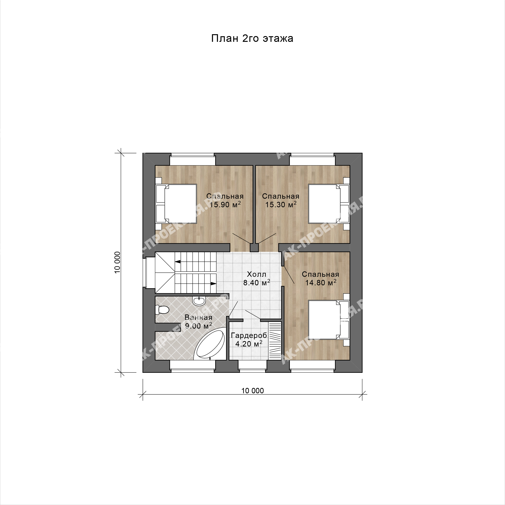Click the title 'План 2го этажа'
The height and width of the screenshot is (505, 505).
coord(252,38)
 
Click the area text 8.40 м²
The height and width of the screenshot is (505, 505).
coord(256,283)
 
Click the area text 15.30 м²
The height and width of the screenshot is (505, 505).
coord(281,204)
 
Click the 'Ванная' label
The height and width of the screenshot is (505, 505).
coord(198,317)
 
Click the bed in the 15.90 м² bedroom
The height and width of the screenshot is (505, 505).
coord(176,204)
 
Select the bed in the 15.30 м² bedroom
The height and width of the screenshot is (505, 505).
coord(329,204)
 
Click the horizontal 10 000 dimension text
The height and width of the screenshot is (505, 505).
coord(252,391)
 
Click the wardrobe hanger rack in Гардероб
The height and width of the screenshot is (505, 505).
coord(275,341)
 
